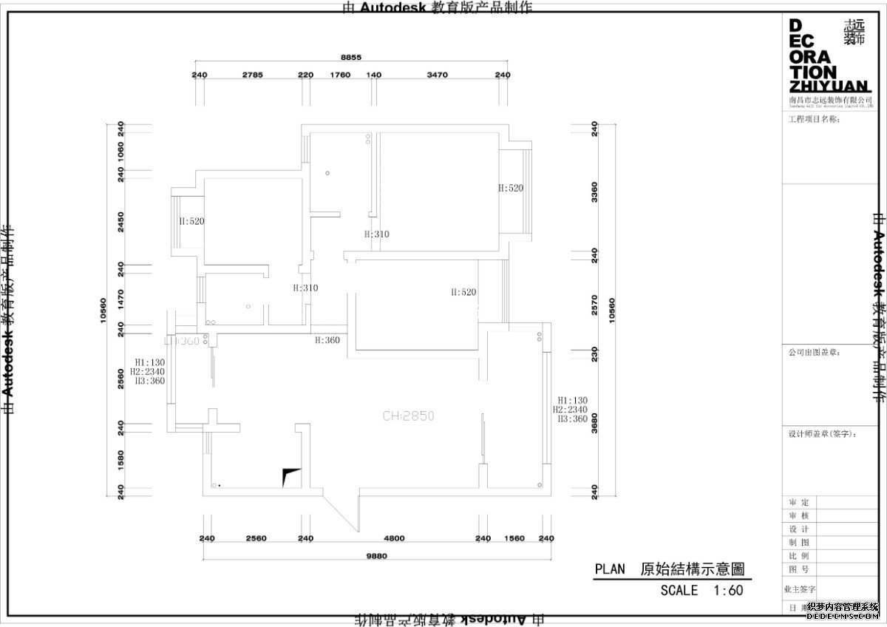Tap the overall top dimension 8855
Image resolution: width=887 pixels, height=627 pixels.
click(351, 58)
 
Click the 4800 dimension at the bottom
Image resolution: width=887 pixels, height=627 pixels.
click(394, 538)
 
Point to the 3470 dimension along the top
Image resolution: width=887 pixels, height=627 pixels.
click(438, 75)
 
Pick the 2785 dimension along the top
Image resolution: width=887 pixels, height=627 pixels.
click(253, 75)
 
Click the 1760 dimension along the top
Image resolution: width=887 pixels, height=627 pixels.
click(339, 75)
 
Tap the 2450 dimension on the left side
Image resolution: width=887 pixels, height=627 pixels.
click(121, 220)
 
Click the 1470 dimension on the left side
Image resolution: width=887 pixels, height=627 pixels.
click(121, 299)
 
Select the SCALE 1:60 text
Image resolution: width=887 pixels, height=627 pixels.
click(701, 590)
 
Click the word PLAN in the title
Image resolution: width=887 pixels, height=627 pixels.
click(610, 569)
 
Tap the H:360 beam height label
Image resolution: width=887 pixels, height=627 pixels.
click(327, 340)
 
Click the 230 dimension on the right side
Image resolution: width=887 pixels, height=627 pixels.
click(594, 351)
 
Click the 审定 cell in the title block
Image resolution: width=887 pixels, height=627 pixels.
click(799, 502)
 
